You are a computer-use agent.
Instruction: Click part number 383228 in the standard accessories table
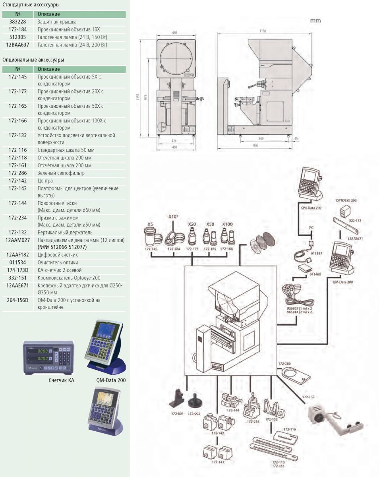pos(17,22)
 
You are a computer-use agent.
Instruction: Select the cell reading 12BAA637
pos(17,45)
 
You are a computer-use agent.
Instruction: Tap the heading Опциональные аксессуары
pos(33,60)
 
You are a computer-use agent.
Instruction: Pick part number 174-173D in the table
pos(17,270)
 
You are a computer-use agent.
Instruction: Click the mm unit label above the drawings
pos(316,21)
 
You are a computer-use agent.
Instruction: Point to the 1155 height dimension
pos(138,98)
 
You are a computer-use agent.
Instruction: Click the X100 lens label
pos(227,224)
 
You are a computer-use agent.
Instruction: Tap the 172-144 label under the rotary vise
pos(233,410)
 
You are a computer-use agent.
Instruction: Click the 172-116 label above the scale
pos(289,430)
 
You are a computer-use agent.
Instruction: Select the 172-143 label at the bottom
pos(217,462)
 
